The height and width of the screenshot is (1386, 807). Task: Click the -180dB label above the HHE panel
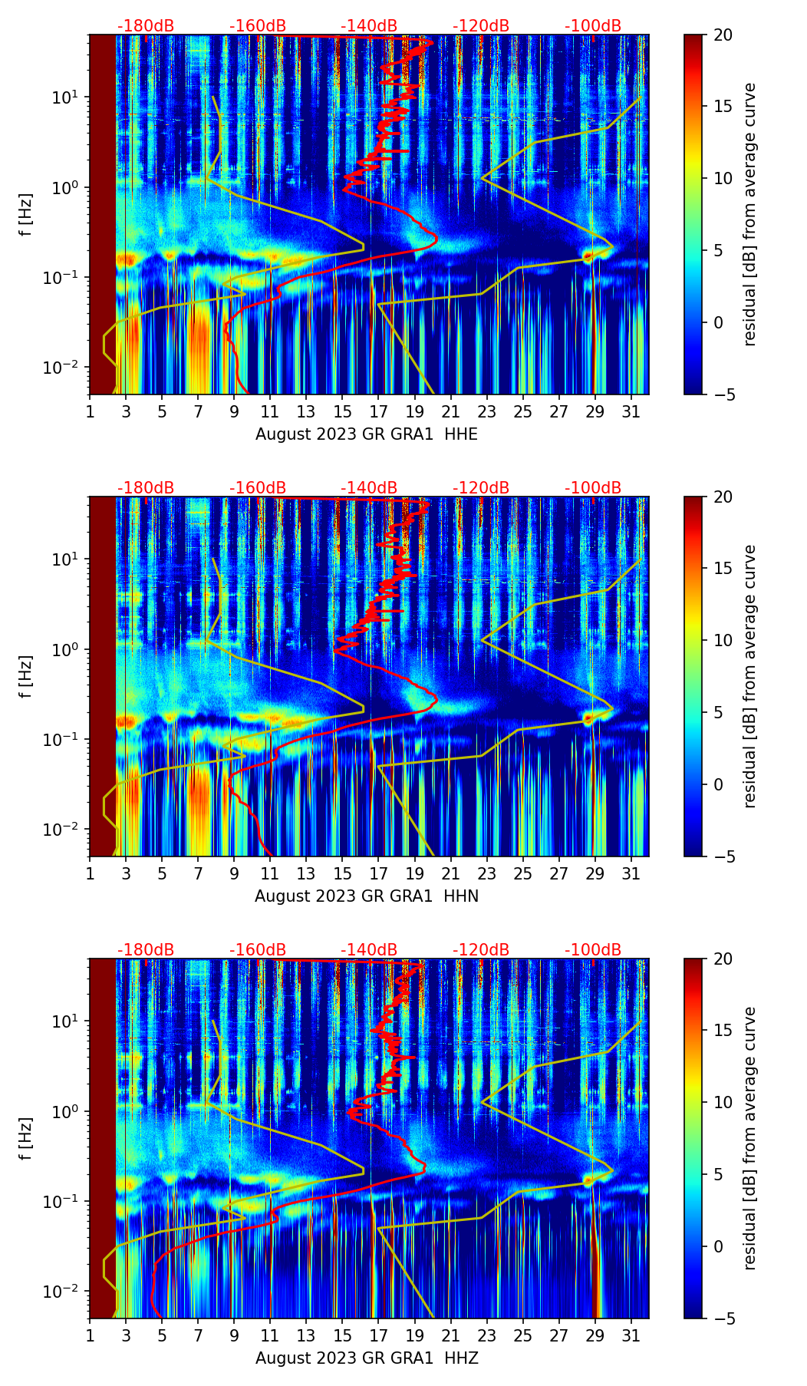click(146, 26)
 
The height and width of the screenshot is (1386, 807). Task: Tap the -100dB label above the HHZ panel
click(593, 950)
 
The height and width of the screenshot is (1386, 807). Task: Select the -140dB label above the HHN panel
click(369, 488)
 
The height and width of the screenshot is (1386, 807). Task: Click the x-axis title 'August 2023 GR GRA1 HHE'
click(367, 434)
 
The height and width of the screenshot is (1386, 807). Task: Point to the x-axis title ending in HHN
click(367, 896)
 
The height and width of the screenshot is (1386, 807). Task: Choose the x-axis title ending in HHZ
click(367, 1358)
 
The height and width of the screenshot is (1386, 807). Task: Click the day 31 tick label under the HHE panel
click(631, 411)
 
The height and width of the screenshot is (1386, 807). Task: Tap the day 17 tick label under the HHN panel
click(379, 873)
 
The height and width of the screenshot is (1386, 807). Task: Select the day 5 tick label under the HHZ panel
click(162, 1335)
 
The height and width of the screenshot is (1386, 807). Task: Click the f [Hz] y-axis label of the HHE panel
click(26, 215)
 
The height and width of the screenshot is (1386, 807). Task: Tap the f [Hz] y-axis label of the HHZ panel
click(26, 1139)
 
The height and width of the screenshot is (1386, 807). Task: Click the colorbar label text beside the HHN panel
click(750, 676)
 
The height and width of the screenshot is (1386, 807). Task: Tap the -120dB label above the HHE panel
click(481, 26)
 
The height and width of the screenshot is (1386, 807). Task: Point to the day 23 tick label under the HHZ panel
click(487, 1335)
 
